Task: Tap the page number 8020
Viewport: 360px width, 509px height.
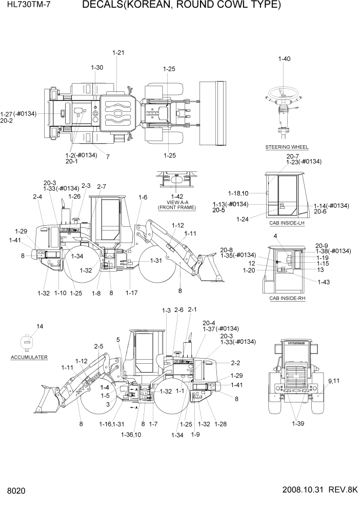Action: pyautogui.click(x=16, y=491)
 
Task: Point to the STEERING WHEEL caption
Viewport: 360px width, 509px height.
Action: pyautogui.click(x=287, y=147)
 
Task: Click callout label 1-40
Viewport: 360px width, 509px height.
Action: pyautogui.click(x=284, y=59)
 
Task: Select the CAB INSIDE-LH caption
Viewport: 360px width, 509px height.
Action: pyautogui.click(x=287, y=223)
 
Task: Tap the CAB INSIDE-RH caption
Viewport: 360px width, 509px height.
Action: pyautogui.click(x=287, y=298)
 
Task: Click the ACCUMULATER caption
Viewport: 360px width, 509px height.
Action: pyautogui.click(x=29, y=357)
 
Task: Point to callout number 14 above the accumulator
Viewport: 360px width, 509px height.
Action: pyautogui.click(x=39, y=326)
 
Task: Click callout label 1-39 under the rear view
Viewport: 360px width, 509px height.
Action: pyautogui.click(x=298, y=423)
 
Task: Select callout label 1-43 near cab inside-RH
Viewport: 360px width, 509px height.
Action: pyautogui.click(x=324, y=282)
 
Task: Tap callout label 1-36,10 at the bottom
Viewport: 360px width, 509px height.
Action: pyautogui.click(x=131, y=435)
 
